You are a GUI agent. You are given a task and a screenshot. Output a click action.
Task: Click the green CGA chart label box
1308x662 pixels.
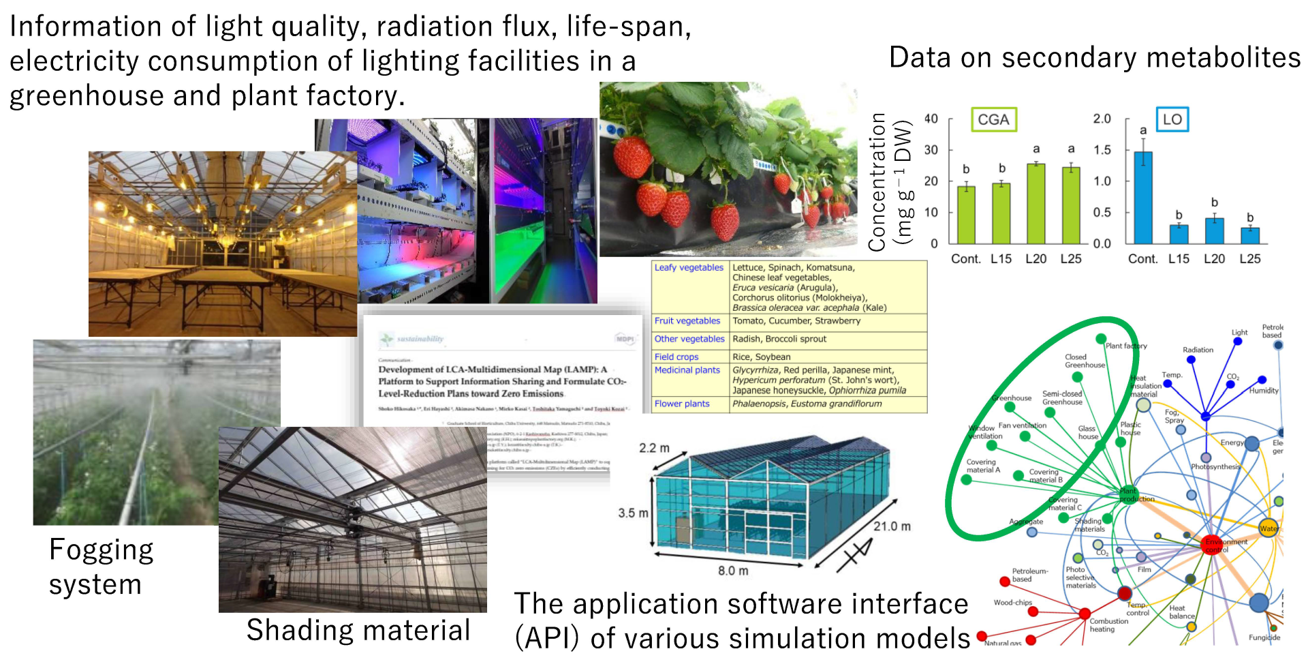(993, 120)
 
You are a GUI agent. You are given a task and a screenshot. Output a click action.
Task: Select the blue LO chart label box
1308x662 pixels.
(1172, 120)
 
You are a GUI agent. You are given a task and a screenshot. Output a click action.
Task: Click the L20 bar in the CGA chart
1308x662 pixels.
(1035, 203)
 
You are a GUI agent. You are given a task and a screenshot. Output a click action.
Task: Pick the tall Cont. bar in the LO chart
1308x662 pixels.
(1143, 198)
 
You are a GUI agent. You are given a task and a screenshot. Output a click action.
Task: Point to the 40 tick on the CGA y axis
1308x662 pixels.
(931, 119)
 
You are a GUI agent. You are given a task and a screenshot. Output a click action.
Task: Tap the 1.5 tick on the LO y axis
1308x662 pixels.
(1102, 150)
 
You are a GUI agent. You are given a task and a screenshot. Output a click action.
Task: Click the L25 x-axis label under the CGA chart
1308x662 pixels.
(1071, 259)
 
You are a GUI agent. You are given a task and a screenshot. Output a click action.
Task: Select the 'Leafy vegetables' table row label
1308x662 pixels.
(689, 268)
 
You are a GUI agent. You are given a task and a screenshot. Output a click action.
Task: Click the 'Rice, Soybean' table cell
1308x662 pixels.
(761, 357)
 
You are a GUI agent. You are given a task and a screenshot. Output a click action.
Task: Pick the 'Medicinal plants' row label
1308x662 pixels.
(687, 370)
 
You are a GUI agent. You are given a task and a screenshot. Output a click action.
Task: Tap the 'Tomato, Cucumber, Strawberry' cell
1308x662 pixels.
(796, 321)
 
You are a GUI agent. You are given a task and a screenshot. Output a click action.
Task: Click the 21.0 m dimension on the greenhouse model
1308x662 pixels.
(892, 526)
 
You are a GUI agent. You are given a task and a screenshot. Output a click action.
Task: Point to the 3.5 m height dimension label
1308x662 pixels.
(633, 513)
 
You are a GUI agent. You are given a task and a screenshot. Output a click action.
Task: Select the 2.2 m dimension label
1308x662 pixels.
(654, 448)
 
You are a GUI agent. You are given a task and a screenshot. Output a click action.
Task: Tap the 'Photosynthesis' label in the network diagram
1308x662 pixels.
(1215, 467)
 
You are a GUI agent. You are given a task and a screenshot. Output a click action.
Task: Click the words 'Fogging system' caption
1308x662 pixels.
(101, 567)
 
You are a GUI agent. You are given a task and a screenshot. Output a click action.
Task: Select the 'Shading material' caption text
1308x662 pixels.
(358, 631)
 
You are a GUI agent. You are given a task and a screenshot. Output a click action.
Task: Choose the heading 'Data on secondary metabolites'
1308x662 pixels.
(1095, 58)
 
